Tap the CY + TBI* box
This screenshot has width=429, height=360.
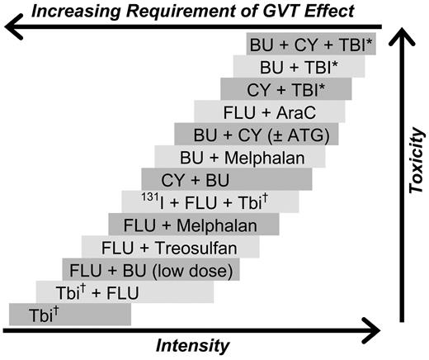coord(285,88)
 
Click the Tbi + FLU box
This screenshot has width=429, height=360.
coord(125,291)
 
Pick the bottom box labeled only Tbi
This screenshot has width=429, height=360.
coord(69,314)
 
